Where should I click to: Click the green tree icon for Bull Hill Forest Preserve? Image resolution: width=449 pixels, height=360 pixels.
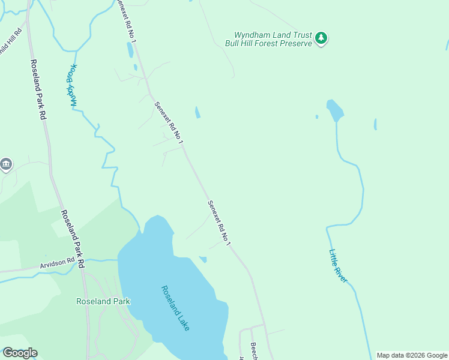(x=321, y=38)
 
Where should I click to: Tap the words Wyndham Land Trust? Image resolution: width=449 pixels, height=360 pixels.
(x=268, y=35)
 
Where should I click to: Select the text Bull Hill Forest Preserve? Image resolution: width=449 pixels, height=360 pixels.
(x=268, y=43)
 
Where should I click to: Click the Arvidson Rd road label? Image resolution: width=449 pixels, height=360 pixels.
(x=57, y=263)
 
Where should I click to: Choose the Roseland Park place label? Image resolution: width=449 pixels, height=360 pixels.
(x=103, y=301)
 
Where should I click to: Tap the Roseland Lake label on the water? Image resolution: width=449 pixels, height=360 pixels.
(x=175, y=308)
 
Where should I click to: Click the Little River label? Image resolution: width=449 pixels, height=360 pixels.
(x=338, y=267)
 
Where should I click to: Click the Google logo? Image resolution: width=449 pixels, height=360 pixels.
(x=20, y=353)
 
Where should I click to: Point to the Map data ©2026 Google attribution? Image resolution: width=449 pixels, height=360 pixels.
(x=412, y=355)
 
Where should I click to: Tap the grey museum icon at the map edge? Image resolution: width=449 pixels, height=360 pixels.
(x=6, y=164)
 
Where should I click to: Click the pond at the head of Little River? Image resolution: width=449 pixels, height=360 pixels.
(x=334, y=110)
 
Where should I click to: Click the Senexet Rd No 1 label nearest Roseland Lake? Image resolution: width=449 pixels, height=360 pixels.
(x=219, y=223)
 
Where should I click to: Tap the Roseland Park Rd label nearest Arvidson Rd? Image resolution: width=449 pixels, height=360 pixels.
(x=72, y=239)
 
